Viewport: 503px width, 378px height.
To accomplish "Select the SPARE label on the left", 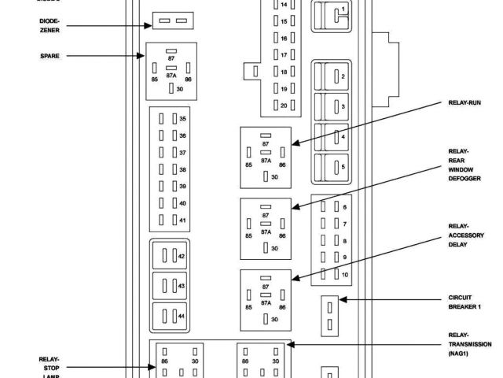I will (50, 56).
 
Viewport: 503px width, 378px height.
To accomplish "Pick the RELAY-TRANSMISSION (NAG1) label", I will (469, 349).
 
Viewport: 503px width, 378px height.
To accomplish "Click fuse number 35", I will (173, 119).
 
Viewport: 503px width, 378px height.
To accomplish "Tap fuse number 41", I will (173, 220).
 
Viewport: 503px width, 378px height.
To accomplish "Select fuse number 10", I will (336, 274).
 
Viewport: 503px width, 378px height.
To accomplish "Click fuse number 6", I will (336, 207).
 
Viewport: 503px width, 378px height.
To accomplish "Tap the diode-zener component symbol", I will (171, 20).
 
